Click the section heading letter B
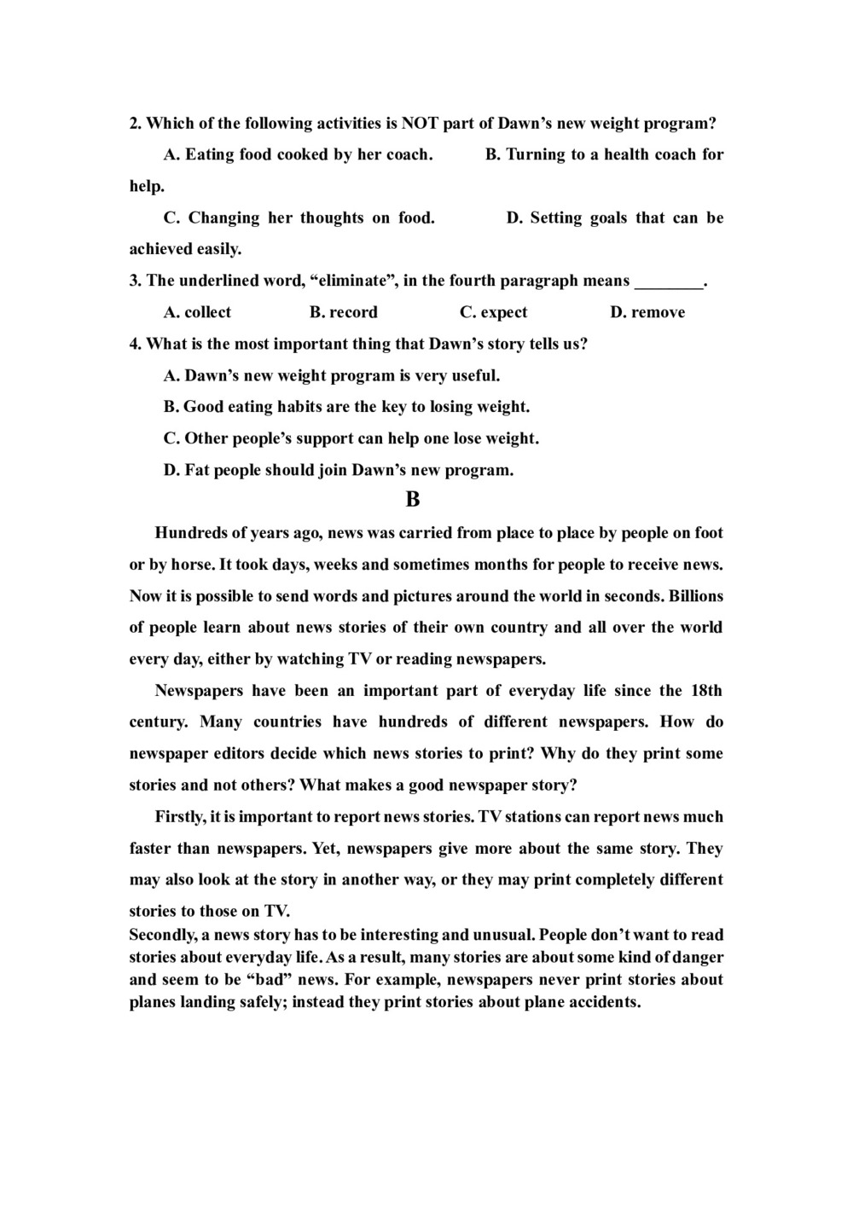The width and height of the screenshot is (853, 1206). point(413,500)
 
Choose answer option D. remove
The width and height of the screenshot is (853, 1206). point(647,313)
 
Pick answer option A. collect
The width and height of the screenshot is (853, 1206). point(197,313)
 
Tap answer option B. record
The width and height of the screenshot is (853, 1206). point(344,313)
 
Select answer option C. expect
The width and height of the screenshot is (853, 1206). point(494,313)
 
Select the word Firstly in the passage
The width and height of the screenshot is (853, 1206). point(180,817)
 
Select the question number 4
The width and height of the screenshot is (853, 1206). point(135,345)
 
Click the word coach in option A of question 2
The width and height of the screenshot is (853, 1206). point(409,155)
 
